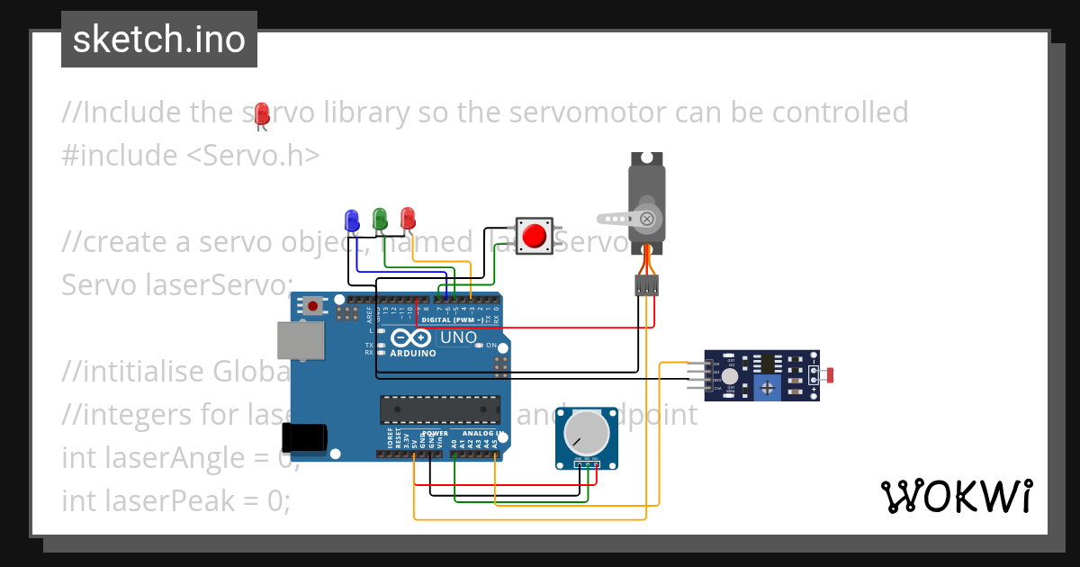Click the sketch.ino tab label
(158, 40)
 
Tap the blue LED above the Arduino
(352, 219)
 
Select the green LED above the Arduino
(380, 218)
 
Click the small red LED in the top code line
(262, 113)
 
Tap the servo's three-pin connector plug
(646, 285)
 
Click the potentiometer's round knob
(586, 434)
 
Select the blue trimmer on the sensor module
(766, 388)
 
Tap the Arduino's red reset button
(312, 306)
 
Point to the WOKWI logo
(956, 496)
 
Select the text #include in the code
(120, 155)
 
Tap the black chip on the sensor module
(768, 364)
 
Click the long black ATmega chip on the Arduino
(440, 409)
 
